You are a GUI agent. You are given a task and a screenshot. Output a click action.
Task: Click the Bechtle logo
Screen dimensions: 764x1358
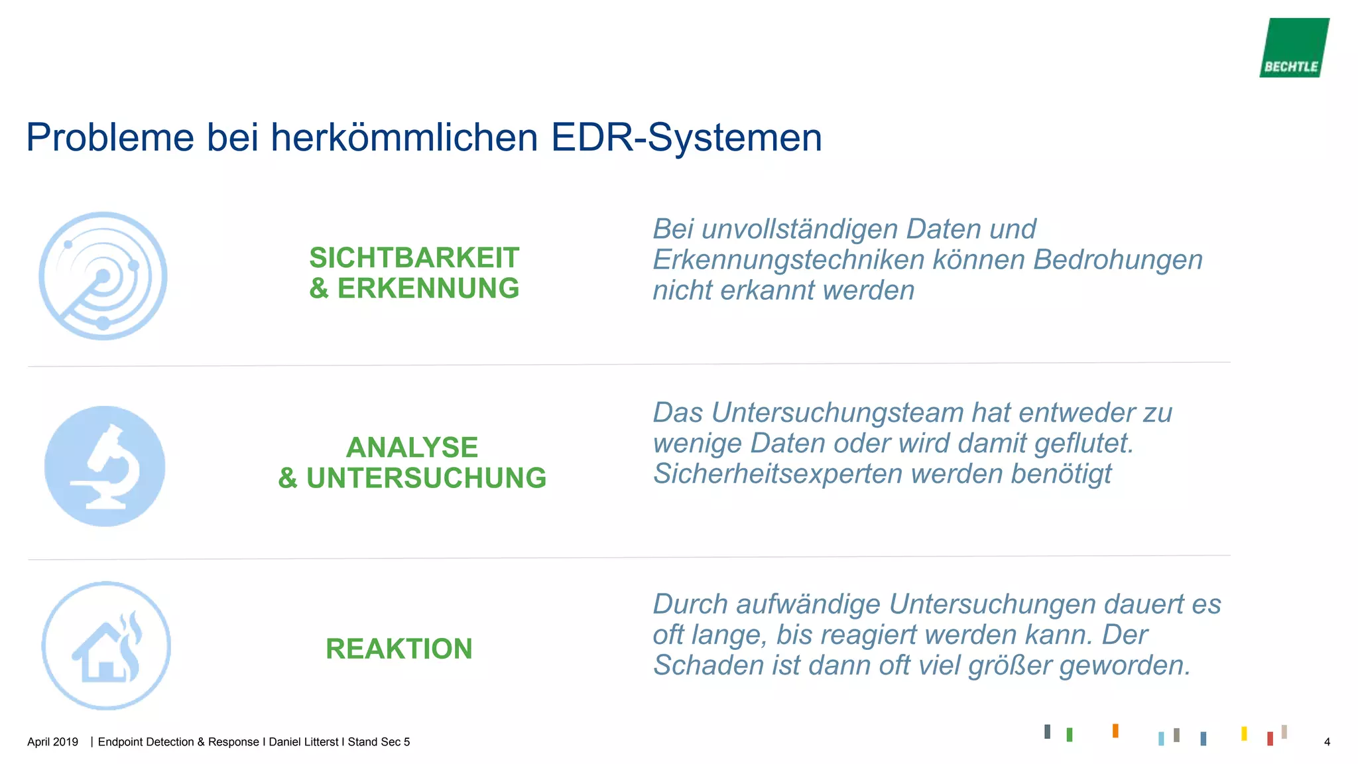[1294, 48]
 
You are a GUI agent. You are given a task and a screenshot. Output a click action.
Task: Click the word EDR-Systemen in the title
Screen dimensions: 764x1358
[686, 138]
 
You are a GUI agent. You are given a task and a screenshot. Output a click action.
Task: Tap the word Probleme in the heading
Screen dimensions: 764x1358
[110, 138]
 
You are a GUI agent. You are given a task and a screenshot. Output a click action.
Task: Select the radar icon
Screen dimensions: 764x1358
[103, 276]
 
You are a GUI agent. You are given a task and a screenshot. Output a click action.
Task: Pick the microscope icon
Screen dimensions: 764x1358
[105, 466]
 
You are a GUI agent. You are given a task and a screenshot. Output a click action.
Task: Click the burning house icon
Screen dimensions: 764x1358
[106, 646]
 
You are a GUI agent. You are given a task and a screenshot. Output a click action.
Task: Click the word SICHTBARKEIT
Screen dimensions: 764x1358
[414, 258]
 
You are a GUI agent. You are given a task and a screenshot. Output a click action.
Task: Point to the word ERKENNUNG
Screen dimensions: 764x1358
[428, 288]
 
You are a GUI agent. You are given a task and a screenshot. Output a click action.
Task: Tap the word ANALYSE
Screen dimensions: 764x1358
[412, 448]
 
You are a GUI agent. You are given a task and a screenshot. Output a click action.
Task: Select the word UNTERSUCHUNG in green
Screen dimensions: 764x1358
[426, 478]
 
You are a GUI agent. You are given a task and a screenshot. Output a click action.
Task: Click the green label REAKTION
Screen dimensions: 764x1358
[399, 649]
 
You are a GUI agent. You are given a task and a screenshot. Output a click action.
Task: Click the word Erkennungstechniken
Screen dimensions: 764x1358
[788, 260]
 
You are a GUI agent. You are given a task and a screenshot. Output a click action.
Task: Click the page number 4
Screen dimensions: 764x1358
[1327, 742]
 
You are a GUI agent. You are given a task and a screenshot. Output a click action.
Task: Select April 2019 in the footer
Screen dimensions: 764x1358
[52, 742]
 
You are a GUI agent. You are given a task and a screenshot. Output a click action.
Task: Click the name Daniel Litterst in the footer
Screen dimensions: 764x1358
[304, 742]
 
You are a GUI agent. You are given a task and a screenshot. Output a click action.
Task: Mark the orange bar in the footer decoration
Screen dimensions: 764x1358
[1115, 730]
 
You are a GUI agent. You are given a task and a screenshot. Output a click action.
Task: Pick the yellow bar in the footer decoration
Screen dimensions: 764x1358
[1244, 733]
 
